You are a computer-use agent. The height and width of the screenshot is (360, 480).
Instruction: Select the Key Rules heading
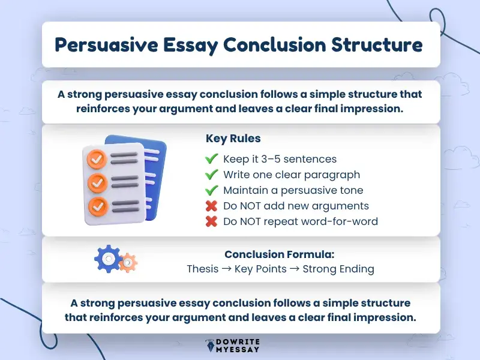point(233,139)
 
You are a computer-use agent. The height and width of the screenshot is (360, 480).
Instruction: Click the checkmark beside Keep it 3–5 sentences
point(211,159)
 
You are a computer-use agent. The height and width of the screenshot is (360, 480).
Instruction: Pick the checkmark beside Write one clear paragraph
point(211,175)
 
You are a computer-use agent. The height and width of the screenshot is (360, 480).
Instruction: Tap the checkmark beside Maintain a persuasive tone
point(211,190)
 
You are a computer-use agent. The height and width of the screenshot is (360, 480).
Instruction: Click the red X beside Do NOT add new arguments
point(211,206)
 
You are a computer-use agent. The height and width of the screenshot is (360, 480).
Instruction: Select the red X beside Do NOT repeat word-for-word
point(211,221)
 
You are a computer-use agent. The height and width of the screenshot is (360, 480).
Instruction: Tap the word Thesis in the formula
point(202,269)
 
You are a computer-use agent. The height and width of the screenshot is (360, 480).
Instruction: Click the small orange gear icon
point(127,262)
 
